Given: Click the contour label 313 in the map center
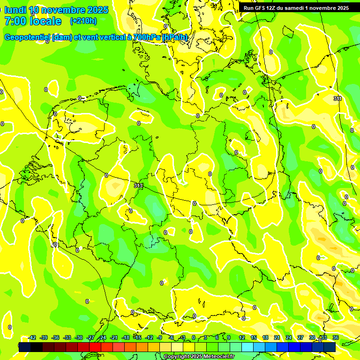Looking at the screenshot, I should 138,186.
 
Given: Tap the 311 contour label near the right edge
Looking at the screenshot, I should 337,98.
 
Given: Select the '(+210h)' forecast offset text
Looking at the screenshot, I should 83,21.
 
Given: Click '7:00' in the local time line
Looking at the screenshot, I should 16,21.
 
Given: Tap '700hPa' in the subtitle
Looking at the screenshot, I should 146,37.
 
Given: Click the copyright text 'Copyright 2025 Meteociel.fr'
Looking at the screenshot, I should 199,357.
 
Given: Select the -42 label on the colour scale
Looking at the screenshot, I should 32,337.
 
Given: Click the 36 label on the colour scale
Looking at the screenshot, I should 336,337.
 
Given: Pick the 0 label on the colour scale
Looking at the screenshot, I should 194,337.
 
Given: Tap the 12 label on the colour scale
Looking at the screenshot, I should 242,337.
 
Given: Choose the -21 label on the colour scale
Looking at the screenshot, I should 114,337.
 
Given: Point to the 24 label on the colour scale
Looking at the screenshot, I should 289,337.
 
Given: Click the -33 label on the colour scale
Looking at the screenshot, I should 67,337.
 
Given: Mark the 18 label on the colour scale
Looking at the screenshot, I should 265,337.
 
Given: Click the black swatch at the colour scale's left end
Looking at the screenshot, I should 25,347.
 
